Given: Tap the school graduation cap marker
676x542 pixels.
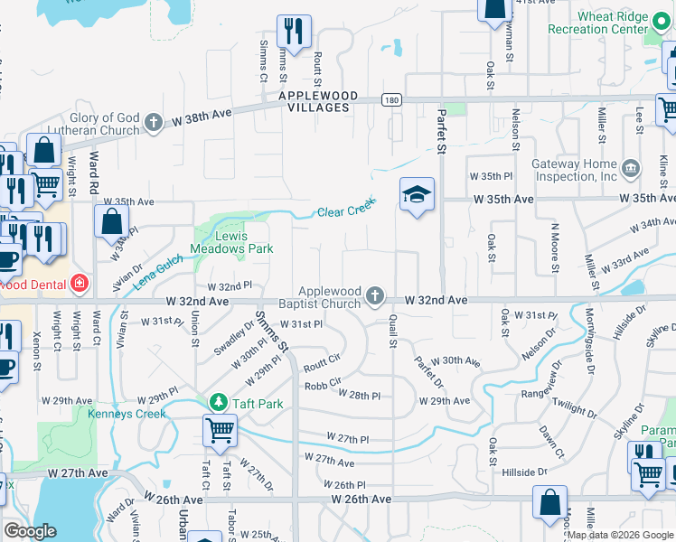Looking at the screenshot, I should pos(418,194).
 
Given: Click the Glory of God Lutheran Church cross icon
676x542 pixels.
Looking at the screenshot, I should pos(155,122).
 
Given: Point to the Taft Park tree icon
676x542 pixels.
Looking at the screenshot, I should pos(218,400).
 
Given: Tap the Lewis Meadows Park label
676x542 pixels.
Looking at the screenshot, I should pos(231,240).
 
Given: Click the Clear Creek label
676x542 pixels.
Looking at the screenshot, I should pos(345,211).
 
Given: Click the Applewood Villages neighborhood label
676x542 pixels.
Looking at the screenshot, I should pos(318,101).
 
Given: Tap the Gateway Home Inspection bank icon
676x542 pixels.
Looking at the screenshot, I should pos(631,166).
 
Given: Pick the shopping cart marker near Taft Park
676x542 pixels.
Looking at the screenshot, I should pos(221,431).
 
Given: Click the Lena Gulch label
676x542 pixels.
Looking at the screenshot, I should pos(158,271).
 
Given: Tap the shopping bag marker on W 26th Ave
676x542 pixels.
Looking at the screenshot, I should pos(549,502).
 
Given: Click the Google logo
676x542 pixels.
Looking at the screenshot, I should pos(30,531).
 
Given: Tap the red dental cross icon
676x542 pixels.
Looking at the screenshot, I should pos(80,283).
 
